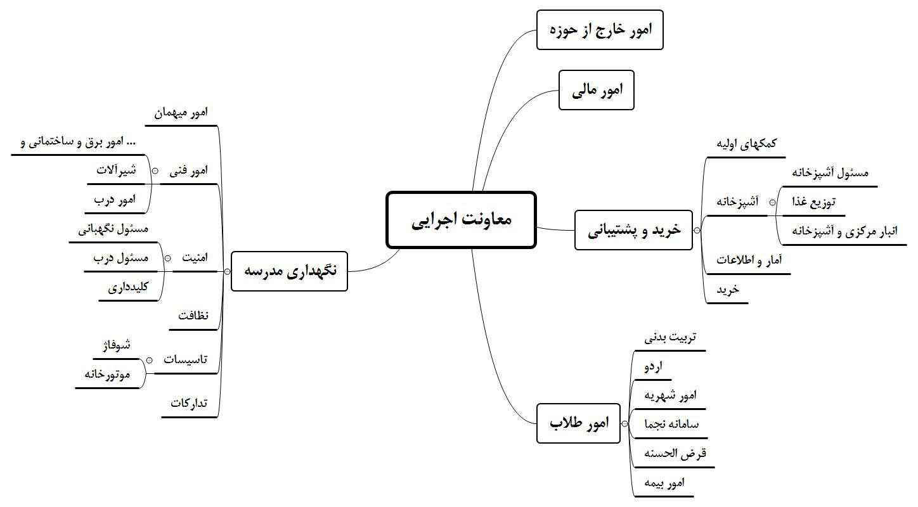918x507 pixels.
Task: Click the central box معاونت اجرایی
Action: click(461, 220)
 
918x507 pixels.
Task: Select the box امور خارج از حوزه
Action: click(599, 30)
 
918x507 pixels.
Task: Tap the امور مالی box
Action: click(596, 91)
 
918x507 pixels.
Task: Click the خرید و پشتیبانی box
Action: click(633, 231)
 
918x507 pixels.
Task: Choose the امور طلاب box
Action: click(579, 423)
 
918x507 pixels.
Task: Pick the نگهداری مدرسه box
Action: click(289, 271)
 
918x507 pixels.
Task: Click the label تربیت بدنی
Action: click(670, 337)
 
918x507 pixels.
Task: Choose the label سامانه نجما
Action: click(671, 425)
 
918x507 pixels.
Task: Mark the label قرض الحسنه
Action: click(675, 454)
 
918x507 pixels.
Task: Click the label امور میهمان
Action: click(181, 112)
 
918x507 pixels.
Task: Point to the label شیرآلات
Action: click(117, 170)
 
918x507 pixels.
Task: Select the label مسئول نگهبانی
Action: click(113, 229)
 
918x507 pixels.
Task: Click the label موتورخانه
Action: click(107, 374)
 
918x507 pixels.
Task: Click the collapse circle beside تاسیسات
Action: click(148, 360)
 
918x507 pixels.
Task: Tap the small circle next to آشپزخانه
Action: click(772, 202)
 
